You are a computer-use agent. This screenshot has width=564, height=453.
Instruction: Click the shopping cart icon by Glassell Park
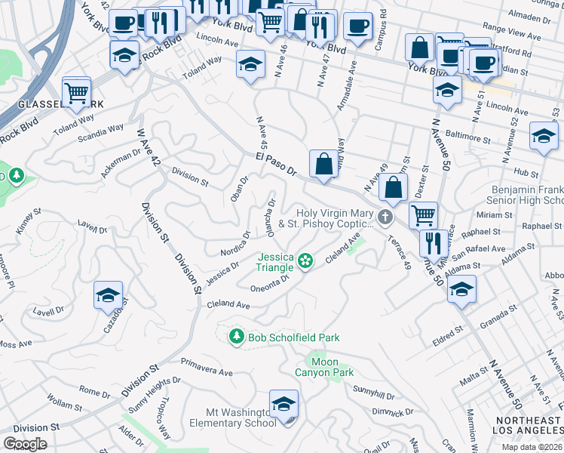click(76, 92)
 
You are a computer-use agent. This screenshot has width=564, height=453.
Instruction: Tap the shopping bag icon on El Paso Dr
click(323, 163)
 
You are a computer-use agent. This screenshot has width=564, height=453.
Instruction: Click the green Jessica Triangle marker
click(305, 261)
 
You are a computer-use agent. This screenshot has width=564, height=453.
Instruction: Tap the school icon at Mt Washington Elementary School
click(284, 405)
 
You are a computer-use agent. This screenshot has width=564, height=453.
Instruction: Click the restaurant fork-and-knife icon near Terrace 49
click(432, 244)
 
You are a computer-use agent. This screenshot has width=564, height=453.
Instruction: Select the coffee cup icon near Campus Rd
click(357, 26)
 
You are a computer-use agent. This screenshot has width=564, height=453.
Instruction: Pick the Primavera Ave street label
click(207, 371)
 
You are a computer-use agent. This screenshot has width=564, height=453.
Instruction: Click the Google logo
click(25, 443)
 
